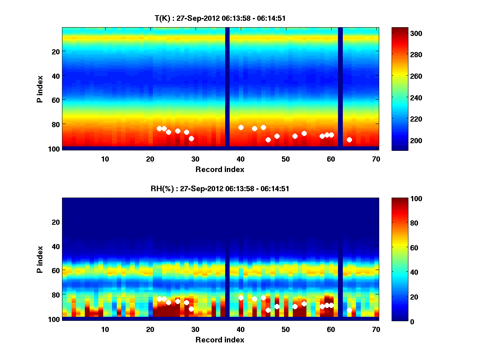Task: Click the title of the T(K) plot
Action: [x=220, y=18]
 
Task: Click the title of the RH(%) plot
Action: [x=220, y=188]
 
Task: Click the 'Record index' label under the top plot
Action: [x=220, y=169]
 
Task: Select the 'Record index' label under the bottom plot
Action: [x=220, y=340]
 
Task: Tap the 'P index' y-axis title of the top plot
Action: [x=40, y=88]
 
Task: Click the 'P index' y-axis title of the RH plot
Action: [x=40, y=258]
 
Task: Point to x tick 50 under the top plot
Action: [x=286, y=159]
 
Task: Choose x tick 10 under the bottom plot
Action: [x=105, y=329]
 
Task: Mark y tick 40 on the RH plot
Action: [x=56, y=246]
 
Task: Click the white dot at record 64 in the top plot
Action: [x=349, y=140]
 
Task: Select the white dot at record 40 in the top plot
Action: [x=241, y=127]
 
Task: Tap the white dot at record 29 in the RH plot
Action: [x=191, y=309]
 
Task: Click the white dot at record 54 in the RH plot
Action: [x=304, y=304]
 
